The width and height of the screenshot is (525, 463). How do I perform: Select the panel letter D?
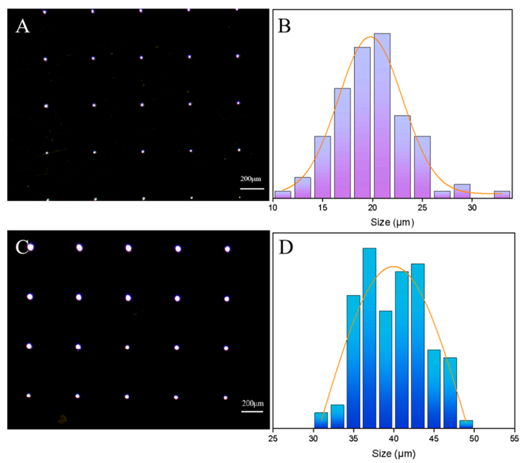pyautogui.click(x=286, y=249)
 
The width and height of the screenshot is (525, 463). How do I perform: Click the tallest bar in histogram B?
pyautogui.click(x=382, y=115)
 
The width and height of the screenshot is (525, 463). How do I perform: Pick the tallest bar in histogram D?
pyautogui.click(x=369, y=338)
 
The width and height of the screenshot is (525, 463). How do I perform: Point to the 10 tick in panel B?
pyautogui.click(x=273, y=208)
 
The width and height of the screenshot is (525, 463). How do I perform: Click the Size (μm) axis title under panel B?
pyautogui.click(x=393, y=223)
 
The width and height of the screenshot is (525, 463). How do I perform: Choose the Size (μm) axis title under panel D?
pyautogui.click(x=393, y=454)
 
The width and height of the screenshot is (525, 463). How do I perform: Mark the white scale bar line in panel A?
pyautogui.click(x=252, y=189)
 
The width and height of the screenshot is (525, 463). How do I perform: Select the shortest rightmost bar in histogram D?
pyautogui.click(x=466, y=424)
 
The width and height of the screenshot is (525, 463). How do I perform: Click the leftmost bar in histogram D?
pyautogui.click(x=321, y=420)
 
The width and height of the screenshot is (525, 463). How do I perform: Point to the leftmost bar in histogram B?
pyautogui.click(x=283, y=195)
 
